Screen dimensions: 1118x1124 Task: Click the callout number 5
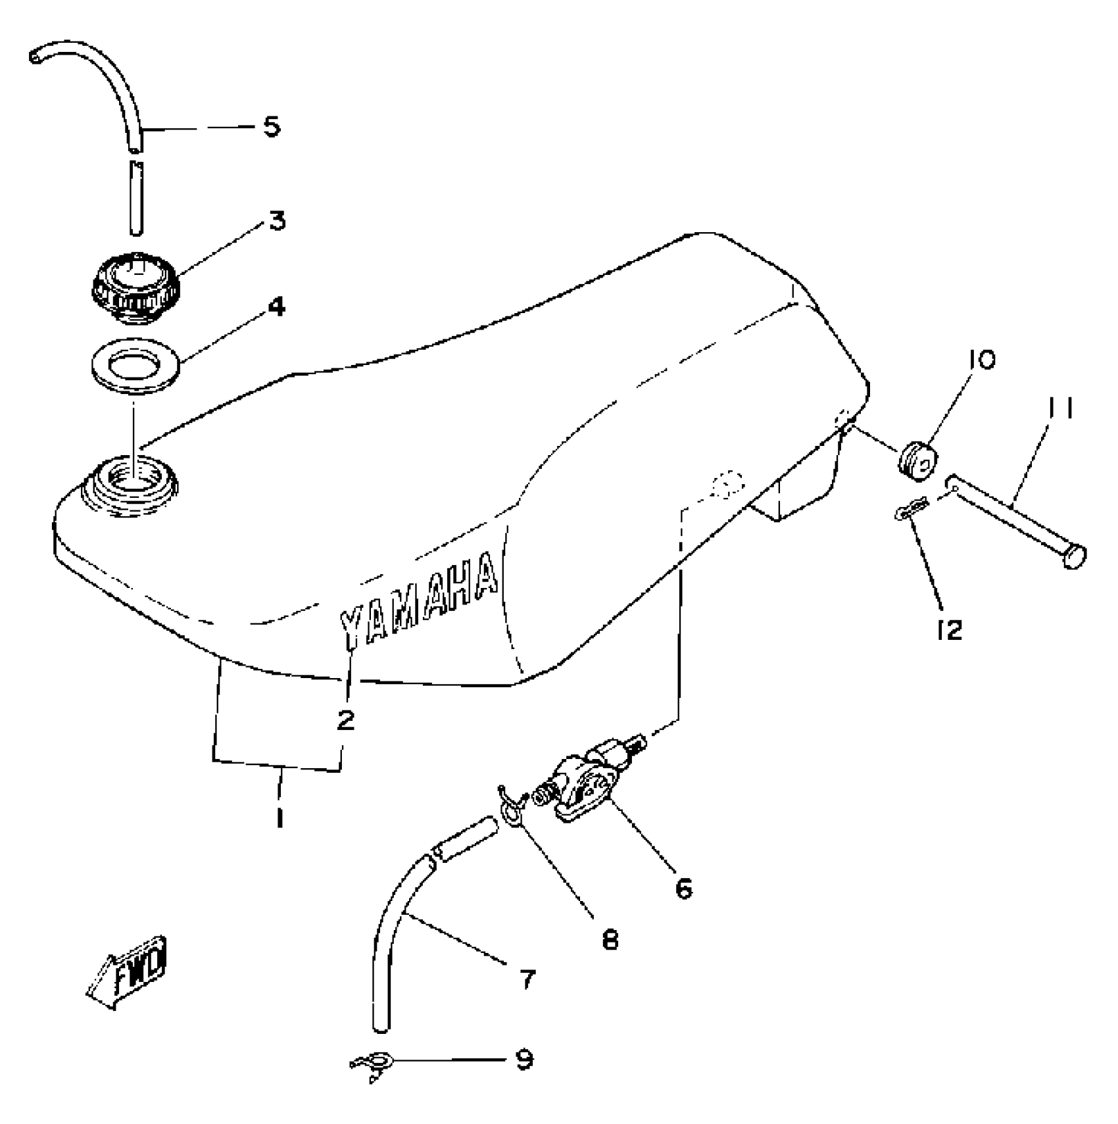pyautogui.click(x=272, y=125)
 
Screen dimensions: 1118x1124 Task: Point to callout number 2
pyautogui.click(x=345, y=720)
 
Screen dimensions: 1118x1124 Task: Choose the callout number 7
pyautogui.click(x=527, y=979)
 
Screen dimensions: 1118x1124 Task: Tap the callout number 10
pyautogui.click(x=981, y=359)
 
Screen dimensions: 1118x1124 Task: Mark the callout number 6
pyautogui.click(x=684, y=889)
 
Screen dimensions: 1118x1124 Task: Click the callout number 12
pyautogui.click(x=950, y=630)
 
